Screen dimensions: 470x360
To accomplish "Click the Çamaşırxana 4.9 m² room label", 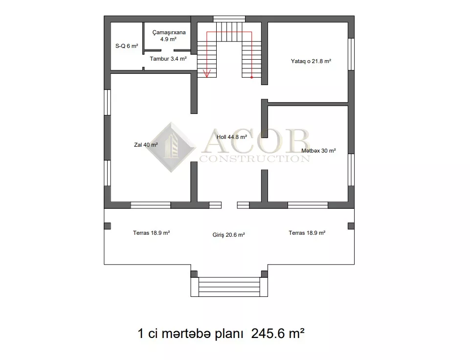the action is click(169, 36).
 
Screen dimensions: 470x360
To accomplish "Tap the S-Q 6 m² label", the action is click(127, 46).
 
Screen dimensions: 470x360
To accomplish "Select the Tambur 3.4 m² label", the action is click(168, 59).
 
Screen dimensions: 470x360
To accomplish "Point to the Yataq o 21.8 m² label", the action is click(311, 61).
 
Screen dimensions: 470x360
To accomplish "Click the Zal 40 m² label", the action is click(146, 145).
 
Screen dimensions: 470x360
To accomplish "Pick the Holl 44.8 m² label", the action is click(232, 137).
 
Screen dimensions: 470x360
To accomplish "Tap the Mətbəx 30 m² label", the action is click(318, 151).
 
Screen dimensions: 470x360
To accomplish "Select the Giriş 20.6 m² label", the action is click(229, 235).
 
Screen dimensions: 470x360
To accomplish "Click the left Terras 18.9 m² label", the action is click(152, 233).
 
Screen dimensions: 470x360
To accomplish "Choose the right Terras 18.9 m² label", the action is click(307, 233).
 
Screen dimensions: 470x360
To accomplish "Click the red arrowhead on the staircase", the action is click(207, 73).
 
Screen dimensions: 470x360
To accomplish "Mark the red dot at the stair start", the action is click(251, 77).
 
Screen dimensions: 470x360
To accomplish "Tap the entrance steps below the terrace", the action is click(229, 287).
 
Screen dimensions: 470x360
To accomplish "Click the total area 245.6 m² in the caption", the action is click(278, 333).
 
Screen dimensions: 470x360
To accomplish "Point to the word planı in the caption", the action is click(229, 334).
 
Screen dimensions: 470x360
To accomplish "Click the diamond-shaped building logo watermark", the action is click(171, 147).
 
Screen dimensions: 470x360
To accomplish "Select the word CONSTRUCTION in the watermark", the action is click(255, 158).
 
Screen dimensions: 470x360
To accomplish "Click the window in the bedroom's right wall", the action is click(351, 54).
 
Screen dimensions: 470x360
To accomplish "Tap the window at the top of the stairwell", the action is click(229, 19).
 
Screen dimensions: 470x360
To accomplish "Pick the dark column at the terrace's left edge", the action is click(107, 225).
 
